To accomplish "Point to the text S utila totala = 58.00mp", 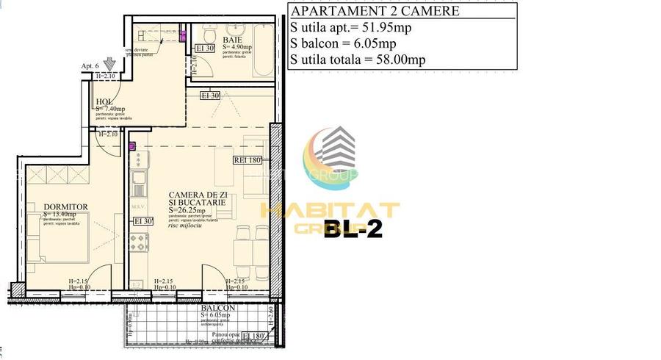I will [x=357, y=60].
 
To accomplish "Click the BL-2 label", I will [x=353, y=231].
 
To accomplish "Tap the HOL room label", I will [x=104, y=102].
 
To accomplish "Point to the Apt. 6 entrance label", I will [x=90, y=66].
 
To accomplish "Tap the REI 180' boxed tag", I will [x=248, y=159].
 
